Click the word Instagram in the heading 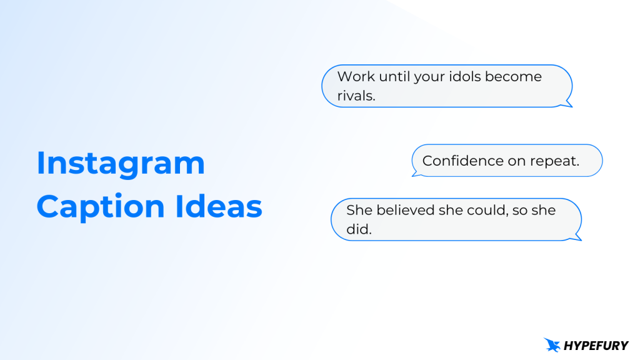coord(121,164)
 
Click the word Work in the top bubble coord(356,77)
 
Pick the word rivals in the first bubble coord(356,96)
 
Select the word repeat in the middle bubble coord(555,161)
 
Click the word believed coord(406,210)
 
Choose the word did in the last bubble coord(359,229)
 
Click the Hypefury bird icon coord(552,344)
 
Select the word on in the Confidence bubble coord(517,161)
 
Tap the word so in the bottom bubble coord(519,210)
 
